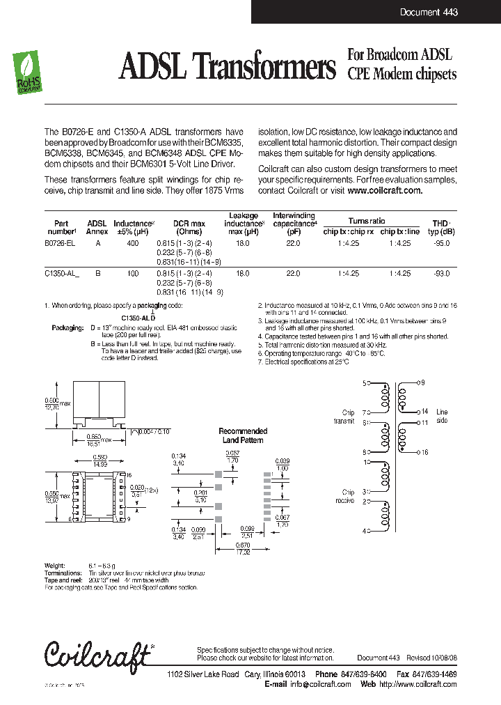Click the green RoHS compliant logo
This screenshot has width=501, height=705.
28,73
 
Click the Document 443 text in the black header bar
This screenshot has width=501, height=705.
429,13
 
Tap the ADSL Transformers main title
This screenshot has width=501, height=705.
228,68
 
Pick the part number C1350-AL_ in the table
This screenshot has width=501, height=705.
61,274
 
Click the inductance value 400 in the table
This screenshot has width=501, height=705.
133,244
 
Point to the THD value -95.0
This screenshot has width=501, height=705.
441,244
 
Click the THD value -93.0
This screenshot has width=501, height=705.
441,274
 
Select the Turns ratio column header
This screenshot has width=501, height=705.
367,221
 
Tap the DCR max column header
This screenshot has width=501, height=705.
189,224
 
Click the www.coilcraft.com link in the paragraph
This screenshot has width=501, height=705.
384,190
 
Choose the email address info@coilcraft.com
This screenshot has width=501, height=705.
321,684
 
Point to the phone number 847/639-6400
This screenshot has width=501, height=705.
363,674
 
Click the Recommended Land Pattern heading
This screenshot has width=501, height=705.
244,435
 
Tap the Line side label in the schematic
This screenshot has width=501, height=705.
442,417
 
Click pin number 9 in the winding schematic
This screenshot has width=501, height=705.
422,383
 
